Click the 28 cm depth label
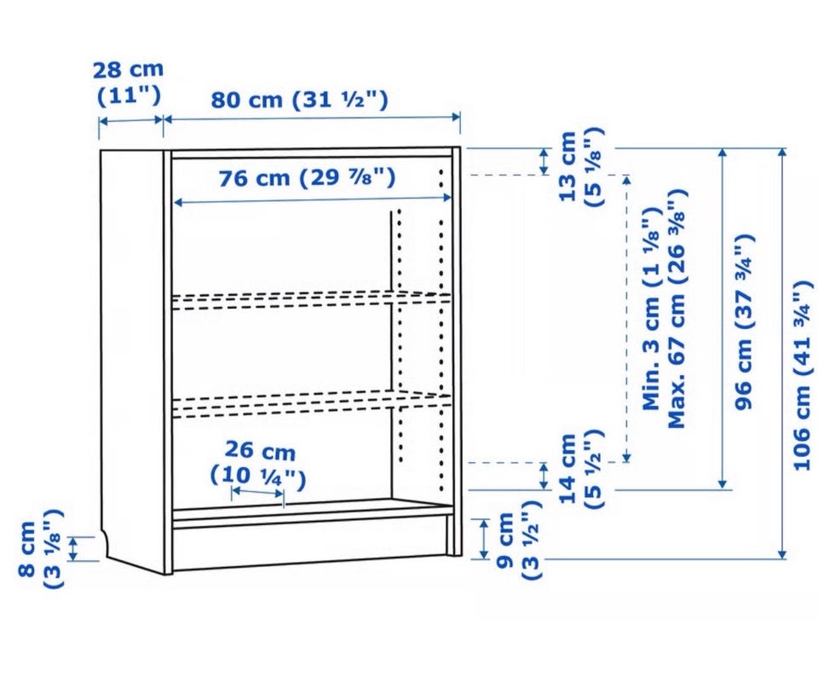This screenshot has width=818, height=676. point(128,83)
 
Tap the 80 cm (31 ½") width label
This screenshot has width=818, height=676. point(299,99)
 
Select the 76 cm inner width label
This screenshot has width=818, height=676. point(307,177)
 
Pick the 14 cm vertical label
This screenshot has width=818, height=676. point(580,469)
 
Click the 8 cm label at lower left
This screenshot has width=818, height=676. point(40,549)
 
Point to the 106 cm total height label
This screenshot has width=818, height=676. point(803,375)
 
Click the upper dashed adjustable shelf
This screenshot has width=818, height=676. point(312,299)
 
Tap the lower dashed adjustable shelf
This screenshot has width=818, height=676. point(312,405)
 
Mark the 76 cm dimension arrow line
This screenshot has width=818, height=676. point(312,199)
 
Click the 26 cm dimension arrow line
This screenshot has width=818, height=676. point(257,492)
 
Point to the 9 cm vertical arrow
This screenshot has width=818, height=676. point(484,540)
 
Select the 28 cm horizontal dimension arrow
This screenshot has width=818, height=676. point(131,121)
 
